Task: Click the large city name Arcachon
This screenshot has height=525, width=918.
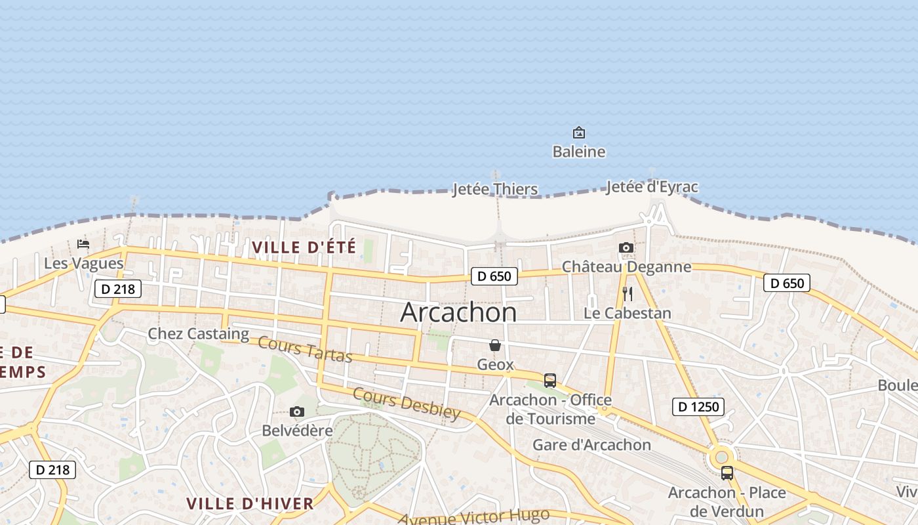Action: (x=458, y=312)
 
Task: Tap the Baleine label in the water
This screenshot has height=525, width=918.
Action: (x=578, y=152)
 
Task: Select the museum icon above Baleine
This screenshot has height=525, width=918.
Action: (x=578, y=133)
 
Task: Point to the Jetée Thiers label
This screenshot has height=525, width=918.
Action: (x=495, y=189)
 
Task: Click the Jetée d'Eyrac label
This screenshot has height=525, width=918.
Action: (x=652, y=186)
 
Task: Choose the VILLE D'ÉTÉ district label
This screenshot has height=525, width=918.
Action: (x=304, y=247)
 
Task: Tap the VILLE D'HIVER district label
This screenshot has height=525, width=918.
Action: (x=250, y=503)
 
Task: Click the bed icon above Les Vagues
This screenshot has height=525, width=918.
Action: (x=83, y=244)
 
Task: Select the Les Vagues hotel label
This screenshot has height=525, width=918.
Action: (x=83, y=263)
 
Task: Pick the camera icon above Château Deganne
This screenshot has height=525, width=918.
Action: (x=626, y=247)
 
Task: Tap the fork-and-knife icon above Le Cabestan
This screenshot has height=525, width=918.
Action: (x=628, y=293)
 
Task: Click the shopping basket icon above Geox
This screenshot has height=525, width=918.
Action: (x=495, y=345)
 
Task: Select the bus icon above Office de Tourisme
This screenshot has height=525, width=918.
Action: (x=550, y=380)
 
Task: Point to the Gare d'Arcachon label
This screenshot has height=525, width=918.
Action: (x=591, y=444)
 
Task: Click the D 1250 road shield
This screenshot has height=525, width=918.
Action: (x=698, y=407)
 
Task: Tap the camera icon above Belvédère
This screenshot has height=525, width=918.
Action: (x=297, y=411)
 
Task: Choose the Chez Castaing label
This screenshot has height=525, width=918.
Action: (x=198, y=333)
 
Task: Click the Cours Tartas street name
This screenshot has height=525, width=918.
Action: (x=305, y=348)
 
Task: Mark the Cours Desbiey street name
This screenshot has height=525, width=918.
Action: (x=407, y=402)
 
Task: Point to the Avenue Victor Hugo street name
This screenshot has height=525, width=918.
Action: (x=473, y=516)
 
